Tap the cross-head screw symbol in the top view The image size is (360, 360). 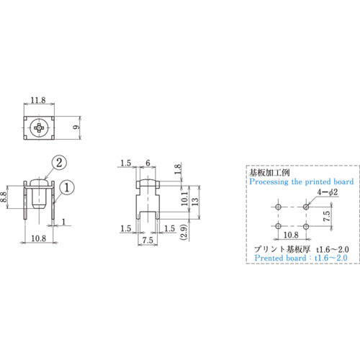point(40,130)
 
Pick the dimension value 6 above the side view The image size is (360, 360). point(148,164)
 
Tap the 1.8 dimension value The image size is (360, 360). point(178,170)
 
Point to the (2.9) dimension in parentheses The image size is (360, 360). point(185,233)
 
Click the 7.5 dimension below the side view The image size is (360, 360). point(147,240)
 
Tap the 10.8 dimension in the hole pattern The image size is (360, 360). point(292,235)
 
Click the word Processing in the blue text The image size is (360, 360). point(271,183)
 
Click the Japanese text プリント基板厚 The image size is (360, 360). point(276,248)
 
